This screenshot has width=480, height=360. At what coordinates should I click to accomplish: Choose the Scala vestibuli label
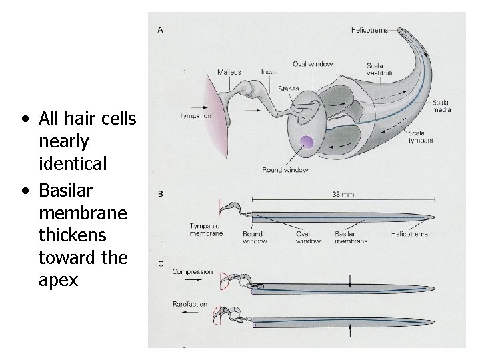[379, 69]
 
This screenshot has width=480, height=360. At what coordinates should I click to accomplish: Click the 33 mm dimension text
[343, 195]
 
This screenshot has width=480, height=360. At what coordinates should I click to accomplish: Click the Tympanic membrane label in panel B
[205, 231]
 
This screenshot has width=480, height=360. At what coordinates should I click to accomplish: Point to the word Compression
[192, 272]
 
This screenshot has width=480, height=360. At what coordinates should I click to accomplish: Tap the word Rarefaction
[190, 305]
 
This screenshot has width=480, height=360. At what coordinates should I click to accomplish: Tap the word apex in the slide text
[59, 280]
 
